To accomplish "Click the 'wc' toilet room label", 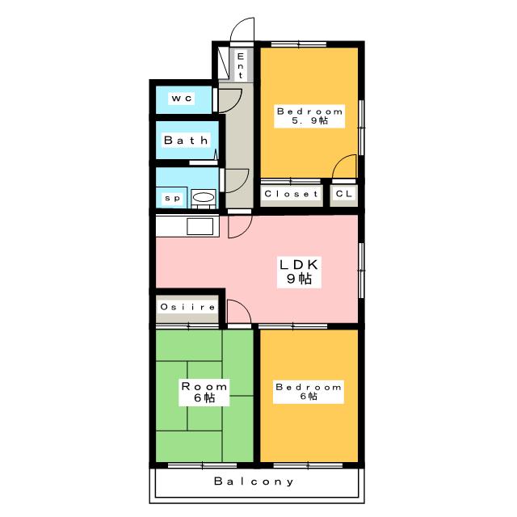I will pyautogui.click(x=180, y=99).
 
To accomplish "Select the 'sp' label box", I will pyautogui.click(x=171, y=197).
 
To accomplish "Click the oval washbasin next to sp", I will pyautogui.click(x=203, y=197).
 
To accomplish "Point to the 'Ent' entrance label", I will pyautogui.click(x=240, y=65).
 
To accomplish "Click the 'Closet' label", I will pyautogui.click(x=292, y=195).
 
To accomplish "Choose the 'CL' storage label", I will pyautogui.click(x=343, y=195).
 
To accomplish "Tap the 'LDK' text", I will pyautogui.click(x=301, y=264).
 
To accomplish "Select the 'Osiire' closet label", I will pyautogui.click(x=187, y=307).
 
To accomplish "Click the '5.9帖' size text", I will pyautogui.click(x=309, y=121).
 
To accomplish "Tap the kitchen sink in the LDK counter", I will pyautogui.click(x=200, y=226).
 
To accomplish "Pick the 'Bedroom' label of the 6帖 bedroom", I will pyautogui.click(x=309, y=387).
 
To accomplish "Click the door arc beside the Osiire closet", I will pyautogui.click(x=237, y=310).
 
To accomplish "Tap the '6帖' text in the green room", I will pyautogui.click(x=203, y=397).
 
